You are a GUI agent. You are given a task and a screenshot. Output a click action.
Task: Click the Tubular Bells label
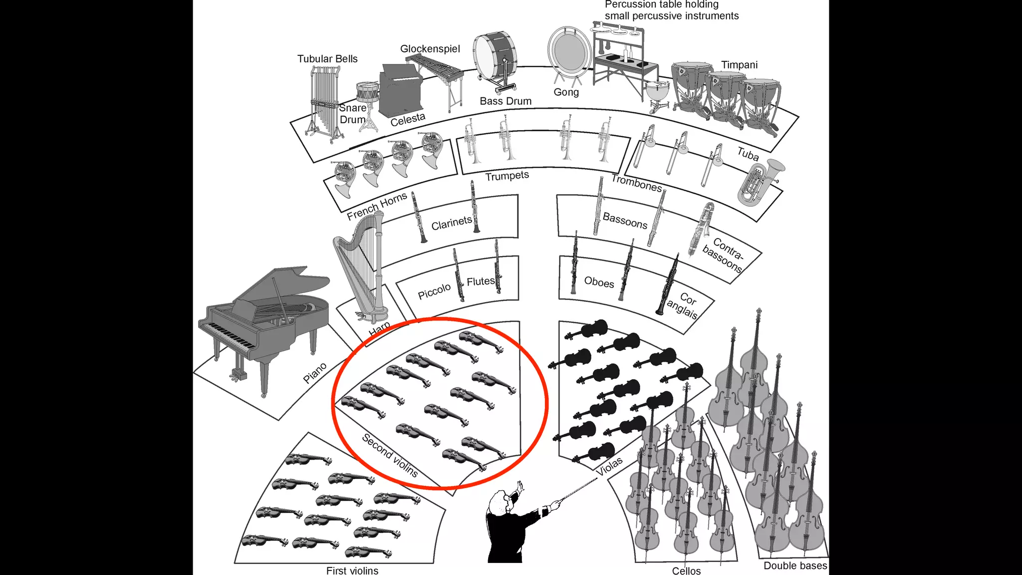tap(327, 59)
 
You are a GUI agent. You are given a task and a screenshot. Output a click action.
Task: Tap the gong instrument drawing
tap(569, 52)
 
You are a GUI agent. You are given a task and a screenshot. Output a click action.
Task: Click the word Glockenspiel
tap(430, 49)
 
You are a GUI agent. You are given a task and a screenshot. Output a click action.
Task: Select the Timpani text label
tap(739, 65)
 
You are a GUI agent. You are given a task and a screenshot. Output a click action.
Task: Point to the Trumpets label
tap(507, 176)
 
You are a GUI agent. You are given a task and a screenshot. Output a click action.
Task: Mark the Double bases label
tap(795, 566)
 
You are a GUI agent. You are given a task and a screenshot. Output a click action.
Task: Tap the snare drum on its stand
tap(367, 93)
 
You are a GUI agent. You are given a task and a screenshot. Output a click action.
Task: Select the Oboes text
tap(599, 283)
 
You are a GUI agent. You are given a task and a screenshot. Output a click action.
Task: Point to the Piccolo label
tap(434, 291)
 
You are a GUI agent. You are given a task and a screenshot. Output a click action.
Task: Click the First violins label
tap(352, 570)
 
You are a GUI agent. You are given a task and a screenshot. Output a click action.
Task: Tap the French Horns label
tap(377, 206)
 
